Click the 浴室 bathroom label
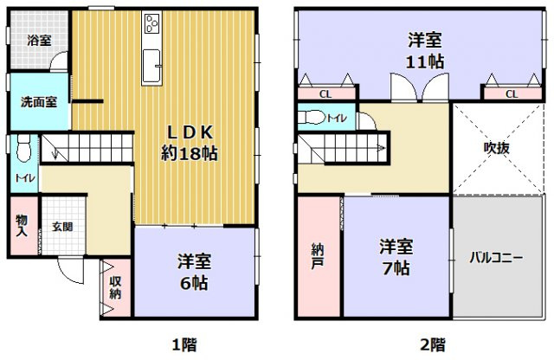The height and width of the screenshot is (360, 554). tap(38, 40)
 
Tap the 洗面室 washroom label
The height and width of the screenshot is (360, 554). tap(39, 100)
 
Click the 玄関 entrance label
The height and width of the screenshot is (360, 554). tap(61, 228)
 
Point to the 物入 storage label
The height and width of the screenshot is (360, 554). tap(22, 226)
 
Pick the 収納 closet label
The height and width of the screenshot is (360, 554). tap(115, 287)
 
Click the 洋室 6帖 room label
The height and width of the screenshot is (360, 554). tap(196, 272)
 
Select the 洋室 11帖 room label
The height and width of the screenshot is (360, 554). tap(427, 49)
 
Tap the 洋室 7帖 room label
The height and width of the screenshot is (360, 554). tap(396, 257)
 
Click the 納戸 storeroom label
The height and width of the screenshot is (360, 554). tap(318, 257)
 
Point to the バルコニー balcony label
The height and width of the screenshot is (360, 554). tap(496, 257)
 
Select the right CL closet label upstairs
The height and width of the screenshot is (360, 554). tap(511, 94)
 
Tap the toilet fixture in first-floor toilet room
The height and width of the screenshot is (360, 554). tap(23, 150)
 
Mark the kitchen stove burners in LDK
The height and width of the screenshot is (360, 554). tap(153, 24)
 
